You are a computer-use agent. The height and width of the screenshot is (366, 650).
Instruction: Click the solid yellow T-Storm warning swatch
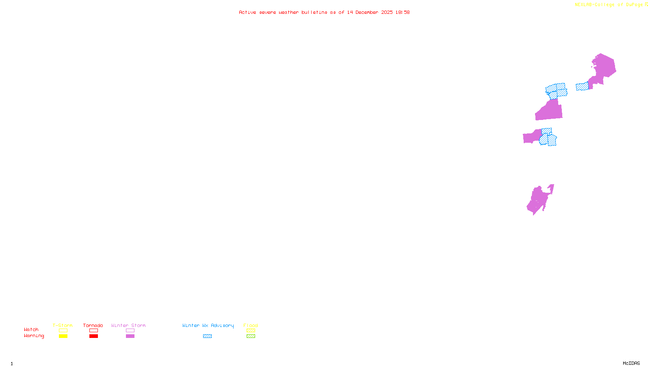(63, 336)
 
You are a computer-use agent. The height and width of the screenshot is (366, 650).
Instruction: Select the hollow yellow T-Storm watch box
(63, 331)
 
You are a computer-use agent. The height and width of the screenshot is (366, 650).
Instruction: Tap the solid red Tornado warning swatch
(93, 336)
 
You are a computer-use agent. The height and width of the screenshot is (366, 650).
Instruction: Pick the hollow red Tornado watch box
(93, 331)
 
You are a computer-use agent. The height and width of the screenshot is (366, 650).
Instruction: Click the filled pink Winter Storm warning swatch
(130, 336)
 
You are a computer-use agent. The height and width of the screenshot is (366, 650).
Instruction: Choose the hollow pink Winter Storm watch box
(130, 331)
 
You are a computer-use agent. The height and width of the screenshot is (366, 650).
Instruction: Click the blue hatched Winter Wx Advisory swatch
(207, 336)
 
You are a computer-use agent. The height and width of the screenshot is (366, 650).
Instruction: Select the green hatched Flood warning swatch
(251, 336)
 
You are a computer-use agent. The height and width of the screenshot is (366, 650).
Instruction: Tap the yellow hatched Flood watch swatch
(251, 331)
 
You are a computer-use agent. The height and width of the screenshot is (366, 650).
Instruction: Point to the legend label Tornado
(93, 325)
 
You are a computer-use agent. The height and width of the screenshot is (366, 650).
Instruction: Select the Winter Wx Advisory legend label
(208, 325)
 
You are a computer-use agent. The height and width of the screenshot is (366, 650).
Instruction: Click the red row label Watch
(31, 330)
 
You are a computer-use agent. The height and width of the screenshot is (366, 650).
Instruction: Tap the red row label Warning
(34, 336)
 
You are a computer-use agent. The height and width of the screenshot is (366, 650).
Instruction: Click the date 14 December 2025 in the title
(370, 12)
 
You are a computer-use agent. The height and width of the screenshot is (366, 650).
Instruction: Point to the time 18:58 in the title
(403, 12)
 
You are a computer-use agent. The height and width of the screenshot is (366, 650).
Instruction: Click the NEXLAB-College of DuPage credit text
(609, 5)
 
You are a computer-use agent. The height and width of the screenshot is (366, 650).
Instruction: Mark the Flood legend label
(251, 325)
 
